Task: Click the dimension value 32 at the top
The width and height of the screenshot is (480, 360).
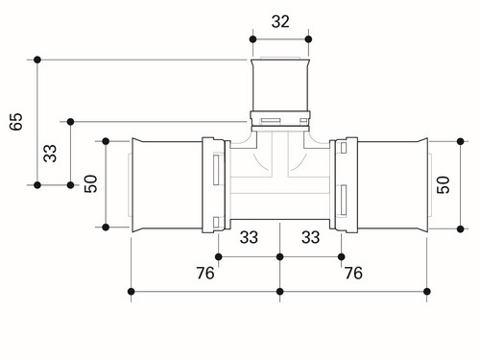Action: coord(280,21)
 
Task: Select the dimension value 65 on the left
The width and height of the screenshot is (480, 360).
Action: coord(16,121)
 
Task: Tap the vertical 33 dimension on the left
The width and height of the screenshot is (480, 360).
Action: coord(50,154)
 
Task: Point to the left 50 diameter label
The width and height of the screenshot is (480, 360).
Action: coord(90,183)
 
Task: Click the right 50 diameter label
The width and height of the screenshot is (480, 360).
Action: coord(444,184)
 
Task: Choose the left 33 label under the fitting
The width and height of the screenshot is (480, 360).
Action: coord(249,237)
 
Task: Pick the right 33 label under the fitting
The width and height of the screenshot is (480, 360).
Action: coord(310,237)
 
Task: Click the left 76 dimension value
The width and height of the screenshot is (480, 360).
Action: coord(205,273)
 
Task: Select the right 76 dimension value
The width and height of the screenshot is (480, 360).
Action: coord(353,273)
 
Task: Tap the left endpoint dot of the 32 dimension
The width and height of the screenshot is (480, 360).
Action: coord(252,39)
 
